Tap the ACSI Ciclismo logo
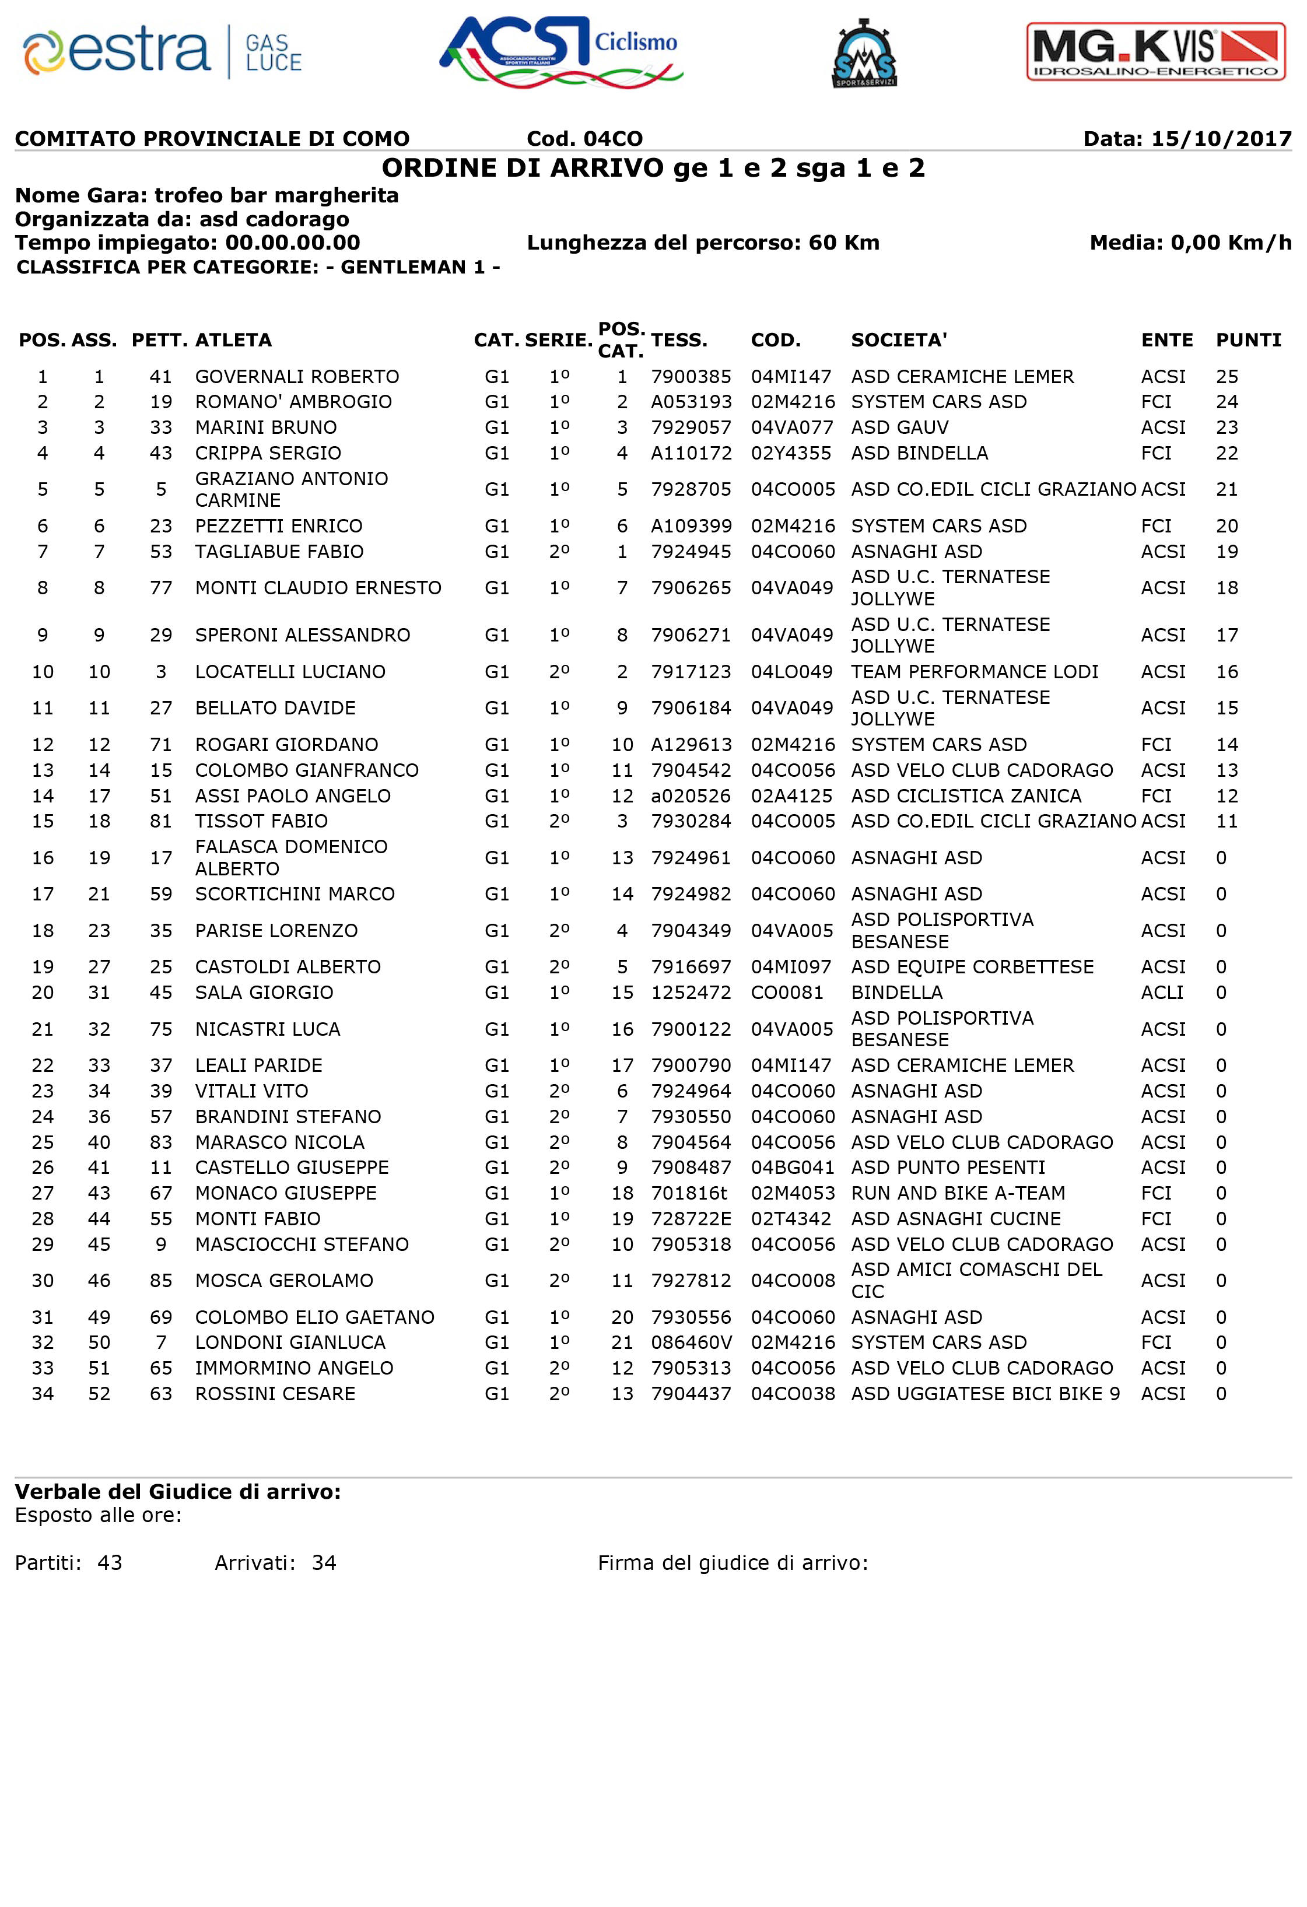pos(561,52)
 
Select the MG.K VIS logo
pos(1155,52)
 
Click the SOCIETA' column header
pos(898,340)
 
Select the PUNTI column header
pos(1247,340)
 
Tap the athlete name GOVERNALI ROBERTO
pos(297,377)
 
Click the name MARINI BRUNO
pos(266,427)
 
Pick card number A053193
pos(691,402)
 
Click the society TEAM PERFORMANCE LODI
pos(974,672)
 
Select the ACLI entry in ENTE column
pos(1162,993)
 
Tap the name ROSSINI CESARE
pos(275,1394)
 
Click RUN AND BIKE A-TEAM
pos(958,1193)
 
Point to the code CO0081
pos(787,993)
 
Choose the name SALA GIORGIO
pos(264,993)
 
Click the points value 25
pos(1227,377)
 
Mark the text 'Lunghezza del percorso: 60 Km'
pos(702,243)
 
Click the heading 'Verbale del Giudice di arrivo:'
pos(177,1492)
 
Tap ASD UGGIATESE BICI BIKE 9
pos(984,1394)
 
